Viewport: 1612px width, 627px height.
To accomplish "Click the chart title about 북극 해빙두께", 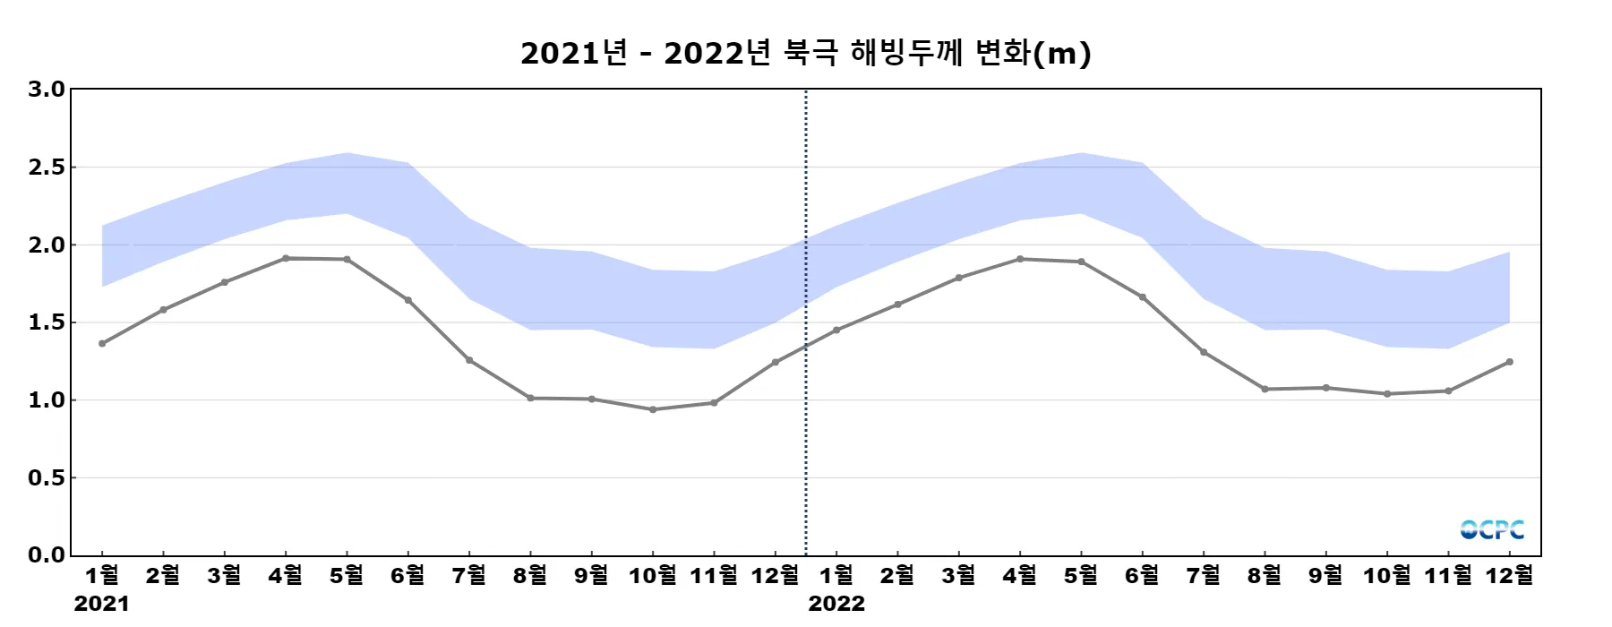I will tap(805, 53).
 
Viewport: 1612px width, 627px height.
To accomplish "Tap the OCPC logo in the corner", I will tap(1491, 529).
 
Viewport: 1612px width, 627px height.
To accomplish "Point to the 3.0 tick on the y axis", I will tap(47, 89).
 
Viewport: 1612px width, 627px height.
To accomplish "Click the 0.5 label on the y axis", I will tap(47, 477).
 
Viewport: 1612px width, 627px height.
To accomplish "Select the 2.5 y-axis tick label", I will tap(47, 167).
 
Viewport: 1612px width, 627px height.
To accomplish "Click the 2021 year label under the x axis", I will tap(101, 604).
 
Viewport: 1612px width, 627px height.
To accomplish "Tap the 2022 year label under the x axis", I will tap(836, 604).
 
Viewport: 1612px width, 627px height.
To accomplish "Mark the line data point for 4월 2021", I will tap(286, 258).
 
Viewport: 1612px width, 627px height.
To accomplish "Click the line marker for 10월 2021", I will tap(653, 409).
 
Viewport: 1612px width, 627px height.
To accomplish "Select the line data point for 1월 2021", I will tap(102, 343).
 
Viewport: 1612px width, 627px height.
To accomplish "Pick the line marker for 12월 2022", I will tap(1510, 362).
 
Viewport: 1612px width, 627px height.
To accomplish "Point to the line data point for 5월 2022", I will tap(1081, 262).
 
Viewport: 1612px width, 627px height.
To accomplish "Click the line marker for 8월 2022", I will tap(1265, 389).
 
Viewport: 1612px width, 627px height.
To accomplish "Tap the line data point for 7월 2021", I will tap(469, 360).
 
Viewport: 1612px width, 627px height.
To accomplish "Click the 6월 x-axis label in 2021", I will tap(407, 575).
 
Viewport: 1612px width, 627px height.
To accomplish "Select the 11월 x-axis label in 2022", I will tap(1447, 575).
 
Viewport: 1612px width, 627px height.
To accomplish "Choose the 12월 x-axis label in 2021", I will tap(775, 575).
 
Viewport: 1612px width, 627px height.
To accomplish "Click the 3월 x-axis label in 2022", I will tap(958, 575).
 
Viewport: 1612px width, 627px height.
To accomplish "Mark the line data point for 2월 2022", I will tap(897, 305).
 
